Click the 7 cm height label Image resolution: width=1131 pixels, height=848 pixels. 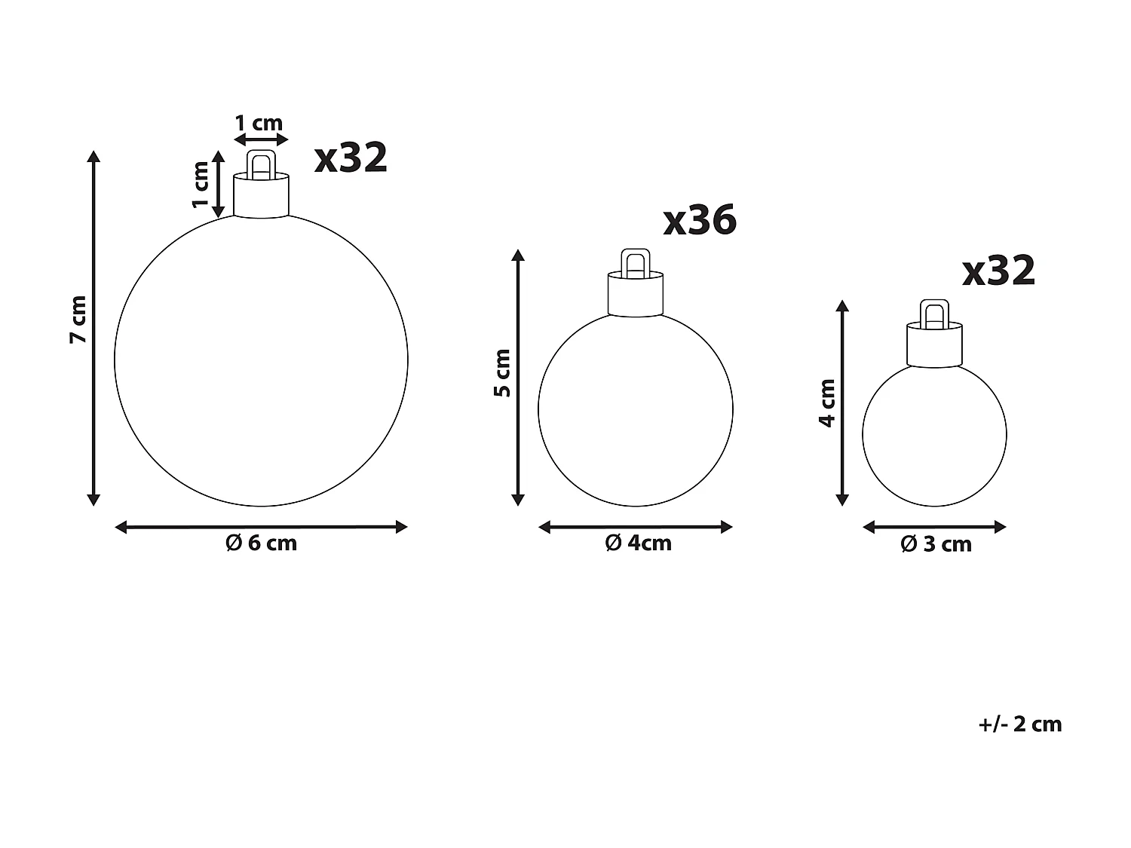pyautogui.click(x=78, y=320)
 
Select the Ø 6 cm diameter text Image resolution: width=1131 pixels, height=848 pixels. pyautogui.click(x=262, y=543)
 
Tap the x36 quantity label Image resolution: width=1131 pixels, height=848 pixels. pyautogui.click(x=700, y=220)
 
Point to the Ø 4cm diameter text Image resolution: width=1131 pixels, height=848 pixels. pyautogui.click(x=638, y=543)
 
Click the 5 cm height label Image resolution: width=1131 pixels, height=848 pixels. pyautogui.click(x=503, y=372)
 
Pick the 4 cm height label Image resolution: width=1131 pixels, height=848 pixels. pyautogui.click(x=827, y=403)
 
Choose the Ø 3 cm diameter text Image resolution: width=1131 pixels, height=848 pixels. pyautogui.click(x=936, y=544)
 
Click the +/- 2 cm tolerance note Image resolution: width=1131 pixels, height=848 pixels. pyautogui.click(x=1019, y=724)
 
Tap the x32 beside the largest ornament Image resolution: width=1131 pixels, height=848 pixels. pyautogui.click(x=351, y=158)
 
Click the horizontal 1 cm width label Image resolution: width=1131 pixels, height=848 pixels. pyautogui.click(x=259, y=123)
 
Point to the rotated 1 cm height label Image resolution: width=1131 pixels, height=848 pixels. pyautogui.click(x=201, y=185)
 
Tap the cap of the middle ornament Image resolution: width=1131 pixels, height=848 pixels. pyautogui.click(x=636, y=294)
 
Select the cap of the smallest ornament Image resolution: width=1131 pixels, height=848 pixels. pyautogui.click(x=935, y=344)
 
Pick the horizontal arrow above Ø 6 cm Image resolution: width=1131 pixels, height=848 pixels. pyautogui.click(x=261, y=527)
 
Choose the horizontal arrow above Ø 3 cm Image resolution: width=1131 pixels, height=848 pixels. pyautogui.click(x=934, y=527)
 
